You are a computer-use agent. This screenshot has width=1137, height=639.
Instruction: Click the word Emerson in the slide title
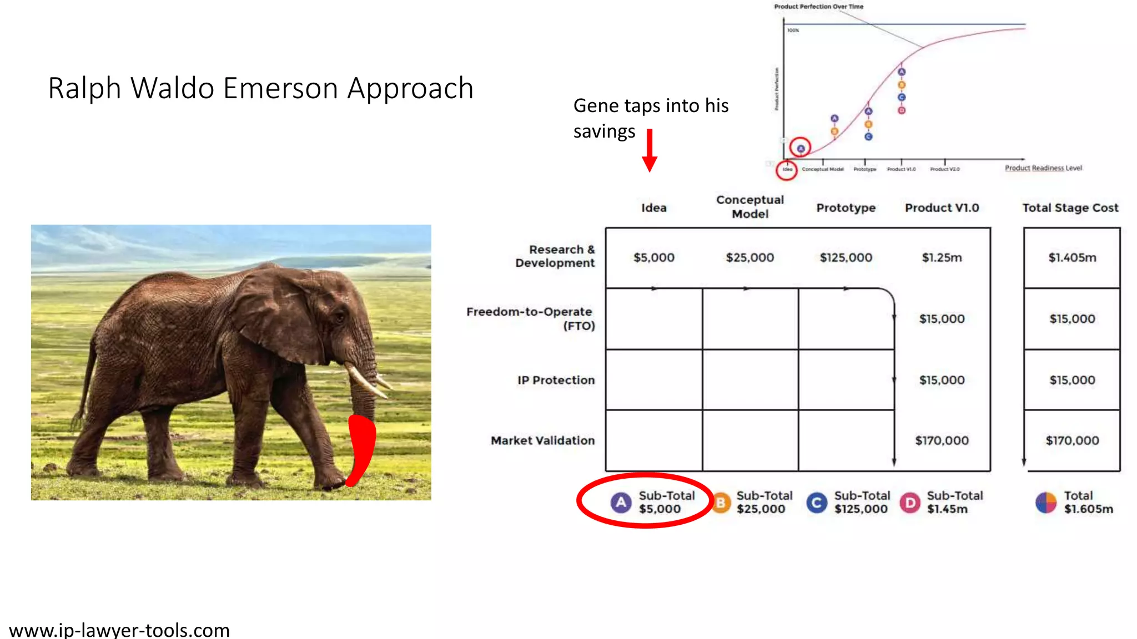[281, 89]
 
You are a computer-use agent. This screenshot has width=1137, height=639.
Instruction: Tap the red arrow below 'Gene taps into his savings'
[650, 150]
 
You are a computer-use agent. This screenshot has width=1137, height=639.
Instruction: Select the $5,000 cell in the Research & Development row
[654, 257]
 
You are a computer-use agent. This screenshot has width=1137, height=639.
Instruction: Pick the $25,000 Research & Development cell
[749, 257]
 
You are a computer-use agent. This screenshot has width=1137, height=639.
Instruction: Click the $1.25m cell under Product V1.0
[942, 257]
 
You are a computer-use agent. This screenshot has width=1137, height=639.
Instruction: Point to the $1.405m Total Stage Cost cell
[1072, 257]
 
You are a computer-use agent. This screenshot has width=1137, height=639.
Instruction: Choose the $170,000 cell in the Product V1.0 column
[942, 440]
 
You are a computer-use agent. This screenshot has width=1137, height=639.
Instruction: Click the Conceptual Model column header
[749, 207]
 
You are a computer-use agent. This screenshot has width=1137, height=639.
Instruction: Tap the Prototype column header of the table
[846, 208]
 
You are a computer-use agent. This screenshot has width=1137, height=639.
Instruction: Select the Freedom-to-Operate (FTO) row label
[530, 318]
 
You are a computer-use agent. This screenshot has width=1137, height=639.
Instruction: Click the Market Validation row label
[542, 440]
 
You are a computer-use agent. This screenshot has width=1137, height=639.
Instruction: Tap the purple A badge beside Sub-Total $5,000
[621, 503]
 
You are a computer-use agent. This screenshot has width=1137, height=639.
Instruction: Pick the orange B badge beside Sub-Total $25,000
[721, 503]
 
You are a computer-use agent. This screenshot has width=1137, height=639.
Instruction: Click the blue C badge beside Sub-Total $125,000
[816, 503]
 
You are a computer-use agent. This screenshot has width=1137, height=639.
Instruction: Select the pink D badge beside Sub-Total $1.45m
[910, 503]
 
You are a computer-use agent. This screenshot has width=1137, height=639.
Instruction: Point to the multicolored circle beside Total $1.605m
[1046, 503]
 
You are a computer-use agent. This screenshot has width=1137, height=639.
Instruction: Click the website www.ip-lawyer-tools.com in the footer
[119, 630]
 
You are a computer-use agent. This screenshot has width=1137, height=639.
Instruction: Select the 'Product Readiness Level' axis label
[1043, 168]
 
